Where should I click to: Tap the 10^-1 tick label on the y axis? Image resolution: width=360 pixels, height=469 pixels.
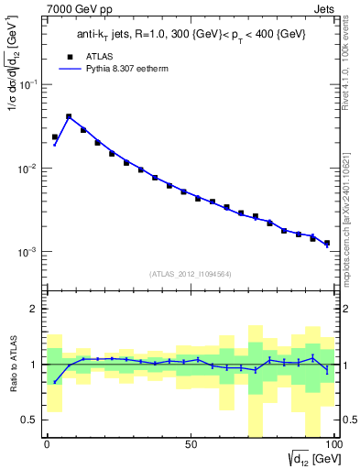coord(27,84)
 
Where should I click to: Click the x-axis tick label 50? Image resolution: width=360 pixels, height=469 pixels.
coord(191,444)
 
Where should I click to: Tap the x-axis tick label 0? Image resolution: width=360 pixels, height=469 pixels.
coord(47,444)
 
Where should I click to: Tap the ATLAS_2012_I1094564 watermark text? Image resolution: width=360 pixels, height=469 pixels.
coord(190,273)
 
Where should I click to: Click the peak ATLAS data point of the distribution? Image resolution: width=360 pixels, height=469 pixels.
coord(69,117)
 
